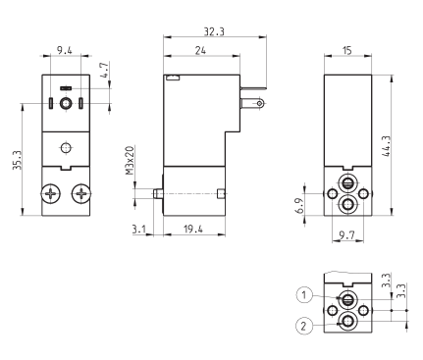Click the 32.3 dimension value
click(214, 31)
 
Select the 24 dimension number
click(200, 50)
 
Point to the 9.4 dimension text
click(65, 50)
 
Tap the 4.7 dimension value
click(104, 71)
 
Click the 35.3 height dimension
click(17, 160)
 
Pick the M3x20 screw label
click(130, 161)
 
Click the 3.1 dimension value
click(139, 230)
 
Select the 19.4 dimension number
click(193, 229)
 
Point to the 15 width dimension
click(347, 50)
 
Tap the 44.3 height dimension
click(386, 146)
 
